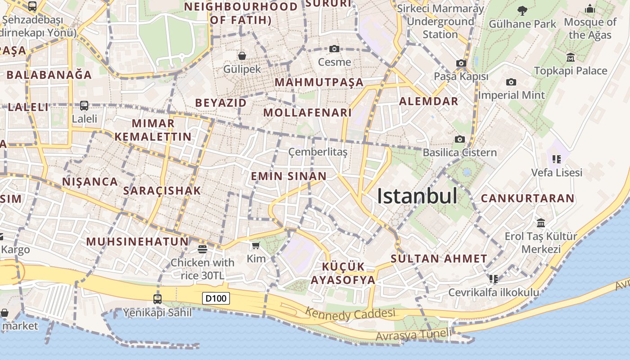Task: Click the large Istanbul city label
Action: tap(417, 196)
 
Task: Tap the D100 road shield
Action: tap(216, 298)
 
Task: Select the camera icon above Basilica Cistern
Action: tap(459, 139)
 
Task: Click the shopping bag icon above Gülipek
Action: tap(242, 55)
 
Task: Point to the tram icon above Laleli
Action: tap(84, 106)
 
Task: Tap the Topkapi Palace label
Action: tap(571, 71)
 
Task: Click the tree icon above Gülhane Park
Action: tap(522, 10)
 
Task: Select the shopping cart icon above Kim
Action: tap(256, 245)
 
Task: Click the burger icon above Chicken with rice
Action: tap(202, 249)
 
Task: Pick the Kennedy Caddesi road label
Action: tap(350, 313)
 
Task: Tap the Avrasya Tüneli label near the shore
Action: tap(413, 335)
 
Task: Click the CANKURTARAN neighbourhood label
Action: tap(527, 198)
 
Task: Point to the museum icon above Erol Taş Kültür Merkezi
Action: tap(541, 223)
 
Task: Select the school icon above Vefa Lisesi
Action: tap(557, 159)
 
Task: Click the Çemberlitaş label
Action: tap(318, 152)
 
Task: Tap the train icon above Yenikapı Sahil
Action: tap(157, 299)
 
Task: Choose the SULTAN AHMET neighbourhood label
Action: tap(439, 259)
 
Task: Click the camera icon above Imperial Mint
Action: tap(511, 82)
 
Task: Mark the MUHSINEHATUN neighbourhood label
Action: tap(137, 242)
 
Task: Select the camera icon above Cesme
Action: tap(334, 49)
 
